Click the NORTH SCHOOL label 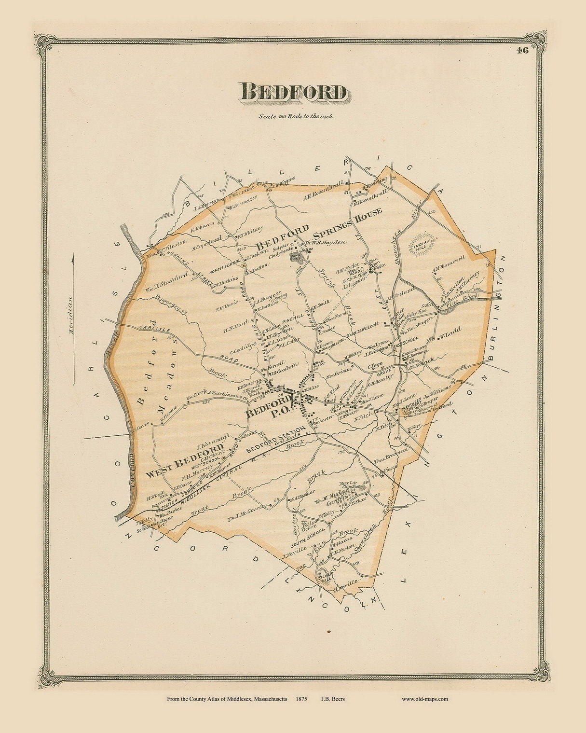click(x=226, y=265)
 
